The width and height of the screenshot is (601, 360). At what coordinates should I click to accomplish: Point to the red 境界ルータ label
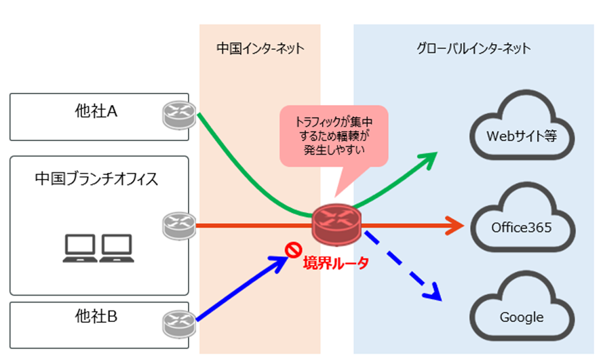tap(335, 263)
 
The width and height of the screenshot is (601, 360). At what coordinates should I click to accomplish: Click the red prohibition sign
tap(293, 251)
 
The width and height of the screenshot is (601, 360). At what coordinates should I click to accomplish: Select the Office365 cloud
tap(522, 225)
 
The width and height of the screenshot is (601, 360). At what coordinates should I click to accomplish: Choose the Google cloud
tap(522, 315)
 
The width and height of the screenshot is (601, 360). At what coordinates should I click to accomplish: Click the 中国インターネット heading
tap(260, 49)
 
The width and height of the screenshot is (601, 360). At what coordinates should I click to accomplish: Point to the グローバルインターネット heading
tap(473, 49)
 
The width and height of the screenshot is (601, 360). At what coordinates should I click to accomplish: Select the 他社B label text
tap(96, 316)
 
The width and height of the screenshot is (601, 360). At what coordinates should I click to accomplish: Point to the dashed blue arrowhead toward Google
tap(433, 293)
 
